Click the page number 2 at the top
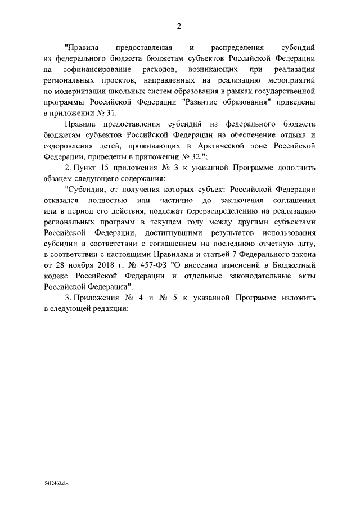tap(179, 25)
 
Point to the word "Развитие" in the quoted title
tap(217, 102)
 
